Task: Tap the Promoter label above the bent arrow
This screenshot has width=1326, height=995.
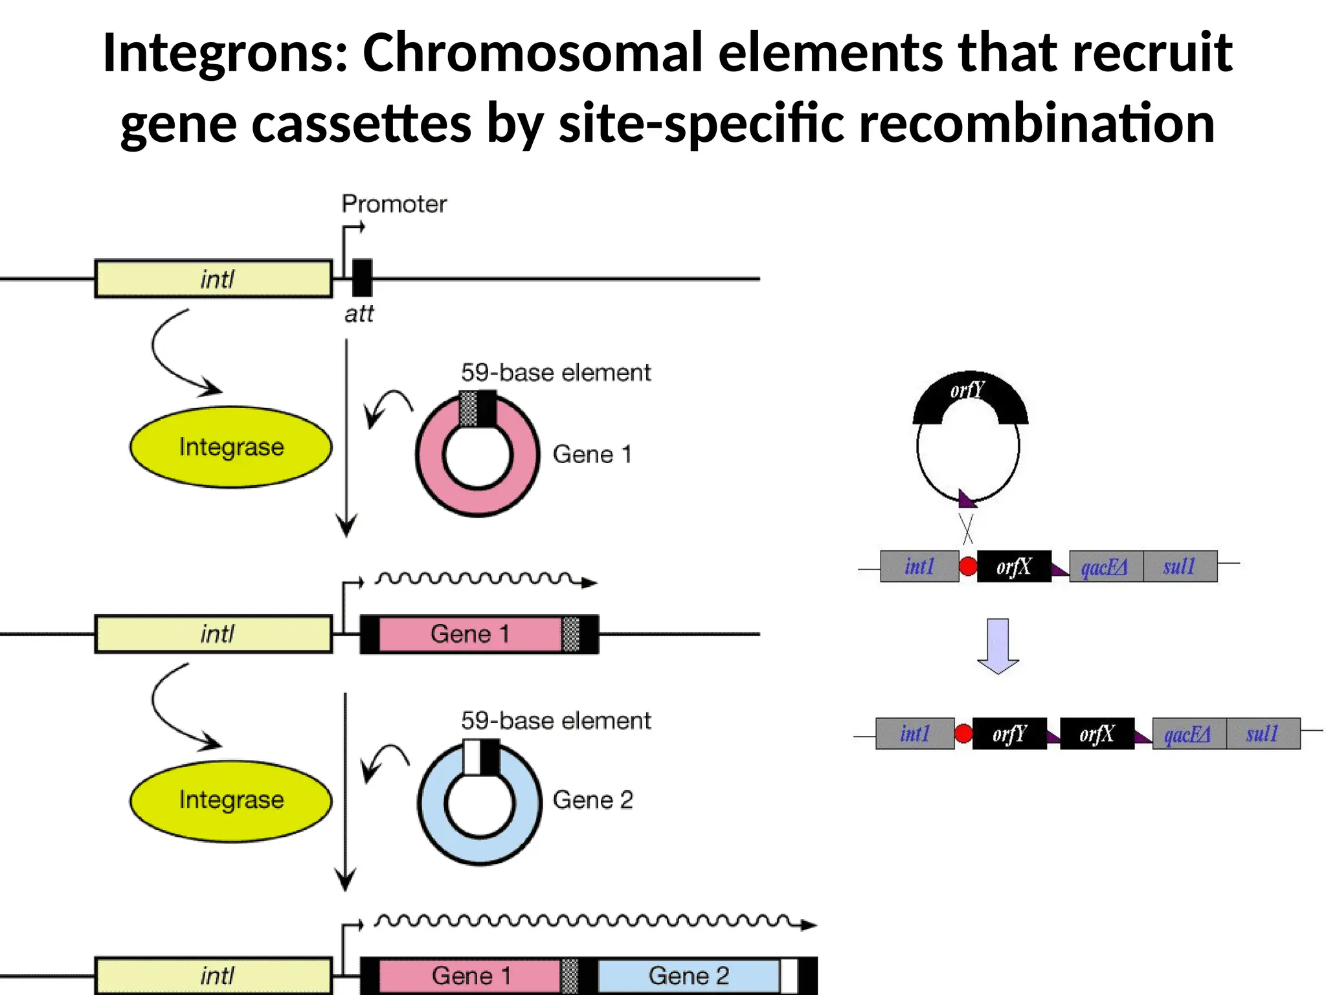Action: [x=394, y=204]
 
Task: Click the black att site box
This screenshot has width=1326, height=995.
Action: [x=362, y=278]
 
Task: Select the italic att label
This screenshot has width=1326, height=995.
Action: [x=359, y=314]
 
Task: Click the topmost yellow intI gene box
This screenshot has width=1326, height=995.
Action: [x=214, y=279]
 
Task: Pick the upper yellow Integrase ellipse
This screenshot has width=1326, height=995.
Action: [x=231, y=447]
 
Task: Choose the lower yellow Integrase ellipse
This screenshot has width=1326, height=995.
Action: [x=231, y=800]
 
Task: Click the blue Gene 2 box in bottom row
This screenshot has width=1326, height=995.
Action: [x=688, y=976]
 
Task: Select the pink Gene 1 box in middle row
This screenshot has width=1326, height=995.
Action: [x=469, y=634]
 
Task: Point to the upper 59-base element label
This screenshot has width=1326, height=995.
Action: [x=556, y=373]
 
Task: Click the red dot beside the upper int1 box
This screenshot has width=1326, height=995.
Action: [x=968, y=566]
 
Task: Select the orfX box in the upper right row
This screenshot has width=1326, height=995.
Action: [x=1013, y=567]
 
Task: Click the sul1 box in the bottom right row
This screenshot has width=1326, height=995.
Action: [x=1263, y=734]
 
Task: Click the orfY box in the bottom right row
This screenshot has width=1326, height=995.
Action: [x=1009, y=734]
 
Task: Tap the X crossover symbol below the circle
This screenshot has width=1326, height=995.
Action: [x=967, y=529]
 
